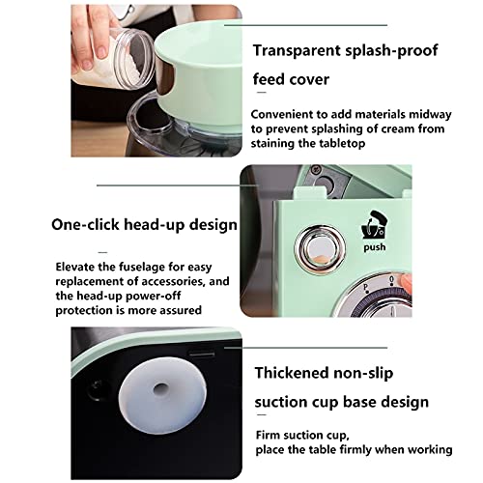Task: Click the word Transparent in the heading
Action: [297, 50]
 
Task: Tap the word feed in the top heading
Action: [269, 79]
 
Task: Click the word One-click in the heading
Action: [85, 224]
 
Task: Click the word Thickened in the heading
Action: [292, 373]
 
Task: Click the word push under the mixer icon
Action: [375, 247]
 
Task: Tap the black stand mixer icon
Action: [374, 225]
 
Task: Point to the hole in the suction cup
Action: [160, 389]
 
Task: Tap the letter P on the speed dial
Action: [365, 287]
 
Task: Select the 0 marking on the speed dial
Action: [391, 279]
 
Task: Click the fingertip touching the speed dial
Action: [406, 283]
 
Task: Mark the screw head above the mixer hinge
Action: [315, 169]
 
